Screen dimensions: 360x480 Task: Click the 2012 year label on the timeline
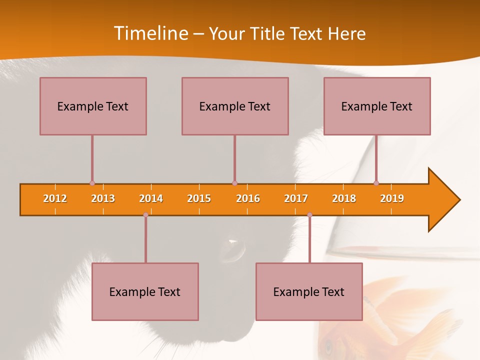click(x=55, y=198)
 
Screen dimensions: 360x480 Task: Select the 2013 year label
click(x=103, y=198)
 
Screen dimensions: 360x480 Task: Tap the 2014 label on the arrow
click(x=151, y=198)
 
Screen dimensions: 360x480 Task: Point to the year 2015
click(x=199, y=198)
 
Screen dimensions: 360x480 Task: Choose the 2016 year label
click(x=248, y=198)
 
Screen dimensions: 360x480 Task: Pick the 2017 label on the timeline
click(x=296, y=198)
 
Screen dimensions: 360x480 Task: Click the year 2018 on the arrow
click(x=344, y=198)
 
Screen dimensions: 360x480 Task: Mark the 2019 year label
click(x=392, y=198)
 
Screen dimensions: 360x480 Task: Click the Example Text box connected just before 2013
click(x=93, y=106)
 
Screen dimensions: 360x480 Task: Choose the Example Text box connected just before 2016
click(x=235, y=106)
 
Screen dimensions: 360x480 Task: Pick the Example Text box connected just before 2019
click(x=377, y=106)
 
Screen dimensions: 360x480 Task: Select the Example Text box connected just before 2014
click(x=145, y=291)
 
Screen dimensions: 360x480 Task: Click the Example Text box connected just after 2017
click(x=309, y=291)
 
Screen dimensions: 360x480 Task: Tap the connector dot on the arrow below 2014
click(x=145, y=215)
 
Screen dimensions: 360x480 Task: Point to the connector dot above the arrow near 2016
click(x=234, y=183)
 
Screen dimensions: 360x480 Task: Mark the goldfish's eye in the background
click(x=328, y=344)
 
